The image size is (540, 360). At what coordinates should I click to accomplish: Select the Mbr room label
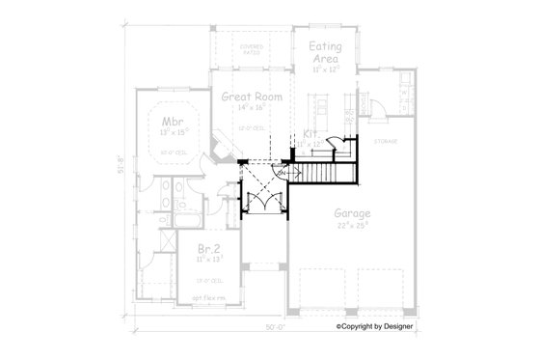click(x=174, y=122)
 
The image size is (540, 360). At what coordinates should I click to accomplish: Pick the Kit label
click(x=310, y=132)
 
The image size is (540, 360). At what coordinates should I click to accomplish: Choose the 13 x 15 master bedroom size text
click(x=174, y=135)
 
